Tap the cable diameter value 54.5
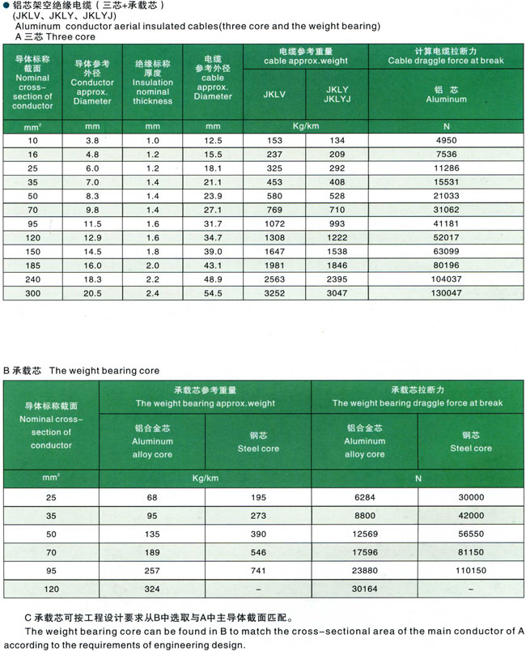[x=213, y=292]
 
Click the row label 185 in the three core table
[x=33, y=265]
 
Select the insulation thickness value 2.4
[x=153, y=292]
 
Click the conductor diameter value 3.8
[x=92, y=140]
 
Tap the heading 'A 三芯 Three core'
[x=55, y=36]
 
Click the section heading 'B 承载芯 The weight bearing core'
[x=81, y=370]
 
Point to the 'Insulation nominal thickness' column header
[x=153, y=81]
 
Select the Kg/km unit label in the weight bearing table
[x=206, y=478]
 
